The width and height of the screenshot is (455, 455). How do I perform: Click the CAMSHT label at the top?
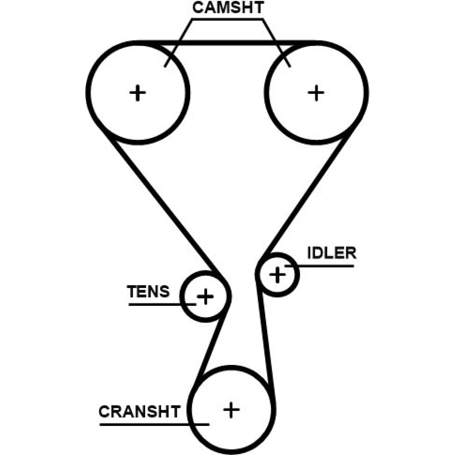[x=227, y=8]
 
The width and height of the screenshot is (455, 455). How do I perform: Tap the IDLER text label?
[x=332, y=253]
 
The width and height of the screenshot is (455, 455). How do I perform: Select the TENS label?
[x=148, y=292]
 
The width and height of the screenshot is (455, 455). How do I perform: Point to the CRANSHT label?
[x=140, y=412]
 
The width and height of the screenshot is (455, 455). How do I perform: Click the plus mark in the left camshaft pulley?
[x=137, y=93]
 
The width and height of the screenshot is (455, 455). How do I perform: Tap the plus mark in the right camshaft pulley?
[x=316, y=93]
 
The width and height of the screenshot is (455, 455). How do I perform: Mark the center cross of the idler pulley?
[x=277, y=274]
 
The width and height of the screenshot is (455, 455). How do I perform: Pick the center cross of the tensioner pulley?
[x=205, y=297]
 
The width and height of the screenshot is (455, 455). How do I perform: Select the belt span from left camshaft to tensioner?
[x=164, y=205]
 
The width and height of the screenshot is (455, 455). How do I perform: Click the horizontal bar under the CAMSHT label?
[x=227, y=19]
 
